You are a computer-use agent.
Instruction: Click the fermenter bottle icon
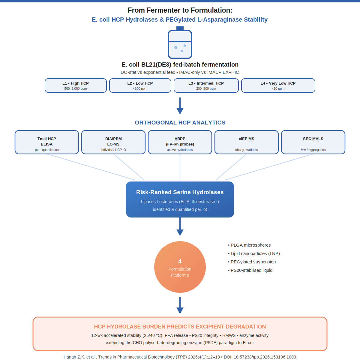(x=180, y=43)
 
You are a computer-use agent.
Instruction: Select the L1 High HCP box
(x=76, y=85)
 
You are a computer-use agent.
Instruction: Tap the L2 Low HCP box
(x=140, y=85)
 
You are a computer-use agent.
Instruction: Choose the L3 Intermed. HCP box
(x=206, y=85)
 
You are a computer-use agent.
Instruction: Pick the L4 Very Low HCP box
(x=278, y=85)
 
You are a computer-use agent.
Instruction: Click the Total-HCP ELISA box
(x=47, y=142)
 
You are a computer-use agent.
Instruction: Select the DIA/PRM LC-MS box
(x=113, y=142)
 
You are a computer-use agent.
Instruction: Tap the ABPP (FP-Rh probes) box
(x=180, y=142)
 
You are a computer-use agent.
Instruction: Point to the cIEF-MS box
(x=246, y=142)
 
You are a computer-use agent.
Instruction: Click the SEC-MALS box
(x=313, y=142)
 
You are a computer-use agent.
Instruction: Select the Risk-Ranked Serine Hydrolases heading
(x=180, y=192)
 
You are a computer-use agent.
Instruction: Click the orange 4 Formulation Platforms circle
(x=180, y=267)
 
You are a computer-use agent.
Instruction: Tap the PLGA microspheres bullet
(x=249, y=245)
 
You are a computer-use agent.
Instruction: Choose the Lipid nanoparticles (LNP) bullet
(x=254, y=253)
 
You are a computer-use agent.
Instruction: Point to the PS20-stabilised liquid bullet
(x=250, y=270)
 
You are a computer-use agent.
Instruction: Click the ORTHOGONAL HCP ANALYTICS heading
(x=180, y=123)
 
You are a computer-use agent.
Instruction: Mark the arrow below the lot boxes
(x=180, y=106)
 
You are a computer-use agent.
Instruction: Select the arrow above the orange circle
(x=180, y=226)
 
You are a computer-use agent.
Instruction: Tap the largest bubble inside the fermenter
(x=176, y=47)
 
